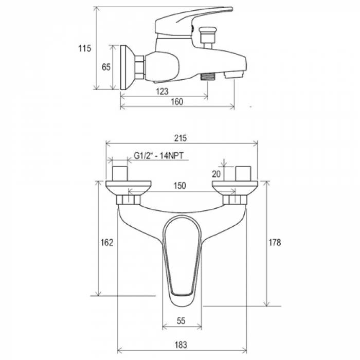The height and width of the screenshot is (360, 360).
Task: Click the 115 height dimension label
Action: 85,48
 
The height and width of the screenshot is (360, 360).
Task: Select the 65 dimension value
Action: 106,67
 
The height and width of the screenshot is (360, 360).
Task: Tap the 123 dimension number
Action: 163,92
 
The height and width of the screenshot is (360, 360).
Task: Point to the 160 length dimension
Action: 177,101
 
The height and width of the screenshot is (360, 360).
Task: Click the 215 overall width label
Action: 181,138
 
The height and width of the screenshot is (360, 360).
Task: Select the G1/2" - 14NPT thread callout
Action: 158,156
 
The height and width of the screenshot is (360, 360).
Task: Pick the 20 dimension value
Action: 216,174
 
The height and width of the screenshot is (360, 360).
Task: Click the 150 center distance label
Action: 180,186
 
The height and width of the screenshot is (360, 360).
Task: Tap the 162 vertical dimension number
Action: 107,242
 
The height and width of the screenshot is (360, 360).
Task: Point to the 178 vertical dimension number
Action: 275,242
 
